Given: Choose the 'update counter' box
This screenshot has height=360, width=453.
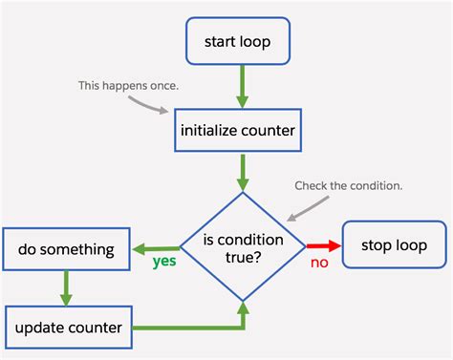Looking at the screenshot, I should click(x=67, y=328).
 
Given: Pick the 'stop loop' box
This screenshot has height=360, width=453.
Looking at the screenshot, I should click(x=393, y=245).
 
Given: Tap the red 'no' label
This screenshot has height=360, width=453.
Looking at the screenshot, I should click(x=319, y=263).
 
